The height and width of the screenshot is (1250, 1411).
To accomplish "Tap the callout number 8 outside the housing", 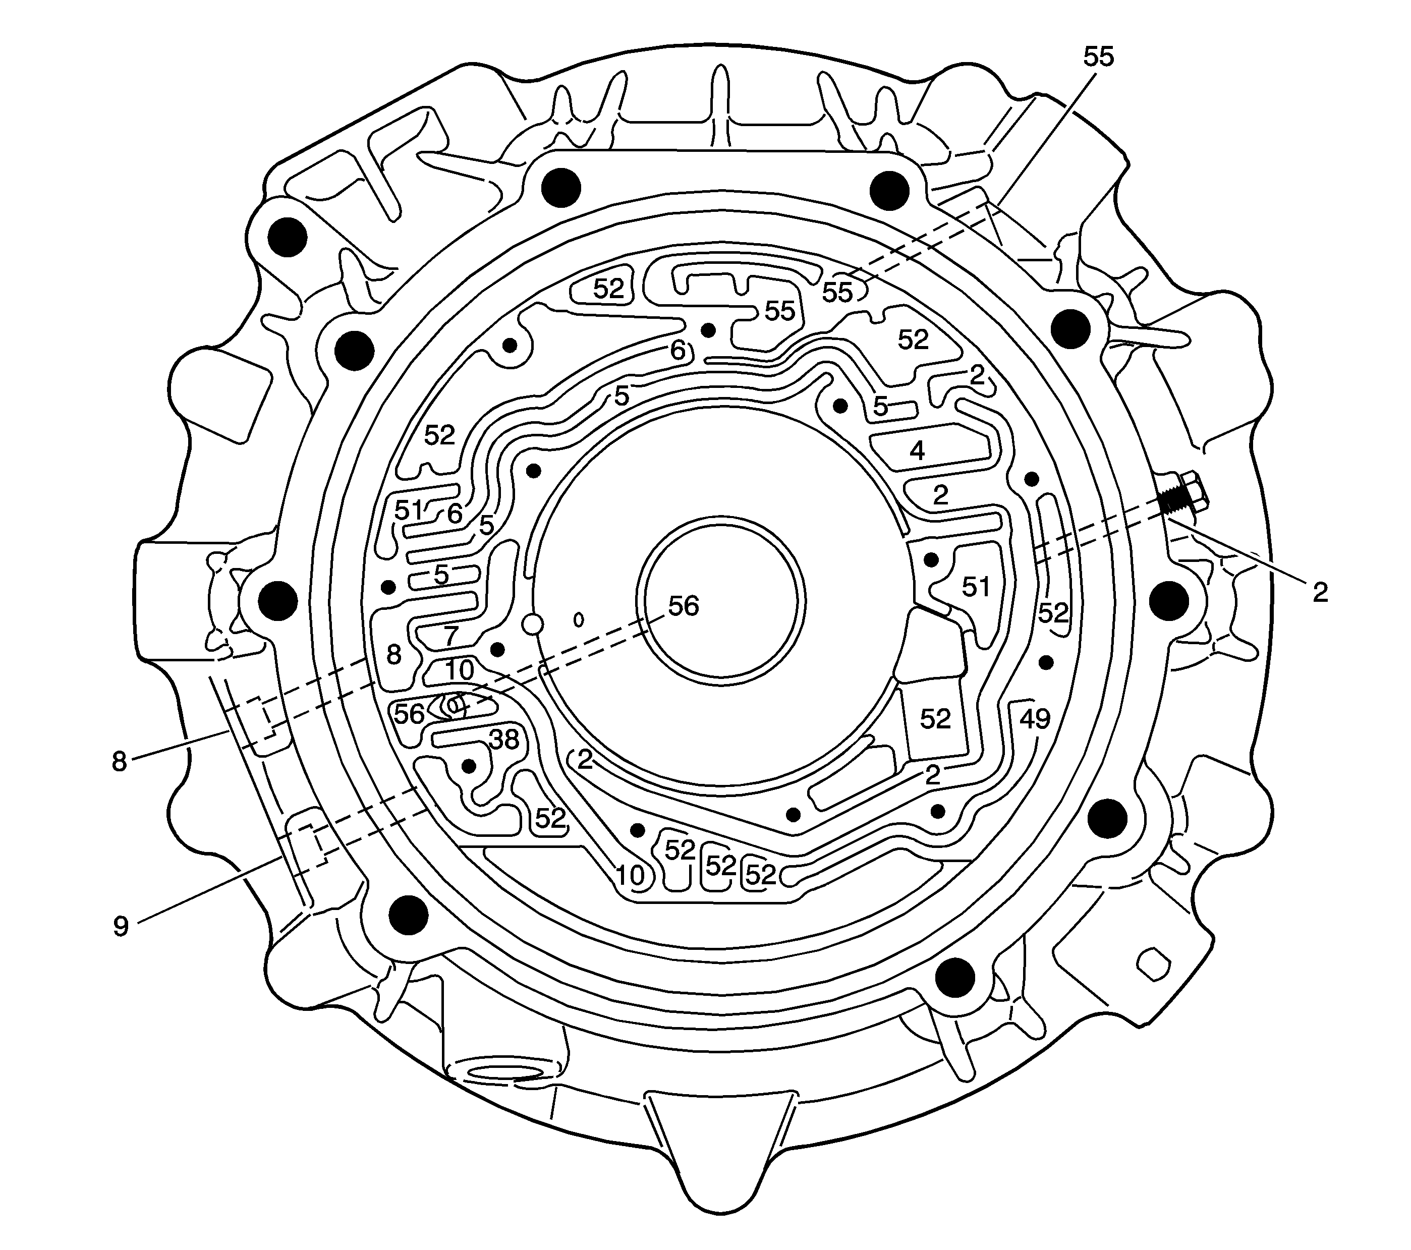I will (x=120, y=762).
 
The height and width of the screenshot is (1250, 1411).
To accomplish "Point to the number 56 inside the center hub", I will (x=684, y=606).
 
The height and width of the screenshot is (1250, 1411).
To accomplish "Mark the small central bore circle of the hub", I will (x=721, y=600).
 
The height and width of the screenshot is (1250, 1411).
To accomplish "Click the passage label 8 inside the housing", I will (x=393, y=654).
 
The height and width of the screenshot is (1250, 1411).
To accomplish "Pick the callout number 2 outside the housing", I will (x=1320, y=593).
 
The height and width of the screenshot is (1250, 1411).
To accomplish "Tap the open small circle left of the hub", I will (x=533, y=624).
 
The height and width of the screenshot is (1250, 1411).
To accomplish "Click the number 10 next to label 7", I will (x=459, y=669).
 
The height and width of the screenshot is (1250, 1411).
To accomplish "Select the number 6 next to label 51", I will (x=454, y=514).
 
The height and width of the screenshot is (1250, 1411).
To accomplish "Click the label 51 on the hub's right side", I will (x=976, y=587).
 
